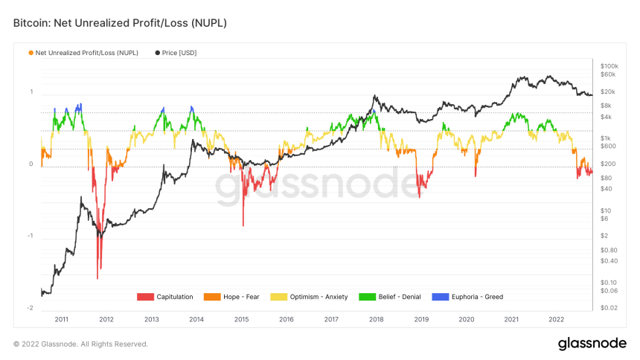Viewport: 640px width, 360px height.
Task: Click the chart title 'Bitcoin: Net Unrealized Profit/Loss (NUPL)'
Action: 120,24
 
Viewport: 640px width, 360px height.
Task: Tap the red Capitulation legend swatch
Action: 145,297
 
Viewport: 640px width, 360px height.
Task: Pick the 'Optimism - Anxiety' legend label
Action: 320,297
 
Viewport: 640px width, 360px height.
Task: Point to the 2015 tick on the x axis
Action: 241,318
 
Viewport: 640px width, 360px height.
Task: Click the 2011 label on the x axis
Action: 61,318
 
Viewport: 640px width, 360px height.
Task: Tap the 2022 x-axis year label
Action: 556,318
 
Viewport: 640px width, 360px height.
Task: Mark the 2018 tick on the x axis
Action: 376,318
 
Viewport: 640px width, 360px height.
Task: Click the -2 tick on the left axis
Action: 31,308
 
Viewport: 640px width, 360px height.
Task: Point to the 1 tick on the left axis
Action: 31,92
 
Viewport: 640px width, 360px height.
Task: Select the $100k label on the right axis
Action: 609,66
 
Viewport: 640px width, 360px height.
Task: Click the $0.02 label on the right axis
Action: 609,307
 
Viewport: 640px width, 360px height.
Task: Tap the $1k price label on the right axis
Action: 607,138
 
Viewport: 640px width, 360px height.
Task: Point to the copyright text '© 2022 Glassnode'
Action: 80,344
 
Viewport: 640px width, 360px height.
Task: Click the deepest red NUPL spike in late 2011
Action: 97,277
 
